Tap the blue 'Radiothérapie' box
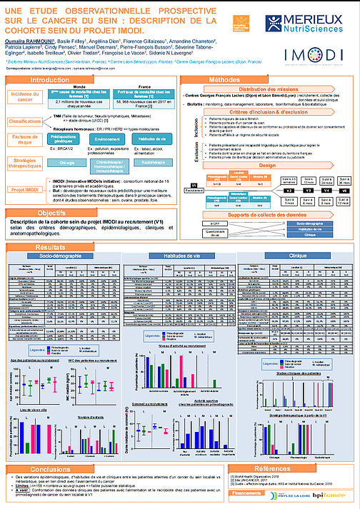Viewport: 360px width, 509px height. [151, 162]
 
